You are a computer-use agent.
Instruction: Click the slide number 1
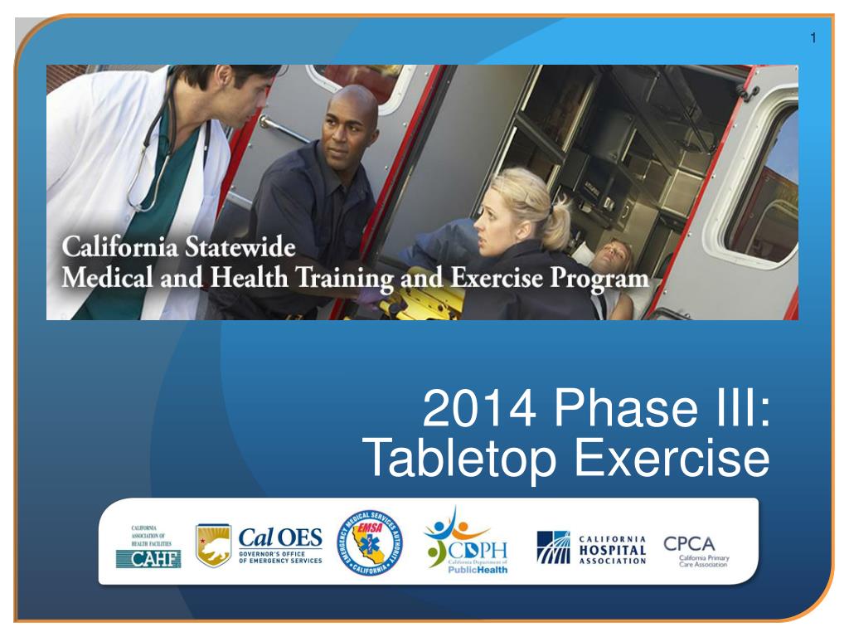813,37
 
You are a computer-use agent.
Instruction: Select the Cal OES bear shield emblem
213,546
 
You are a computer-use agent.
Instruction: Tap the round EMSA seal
371,544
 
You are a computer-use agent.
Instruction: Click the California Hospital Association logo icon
554,547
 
